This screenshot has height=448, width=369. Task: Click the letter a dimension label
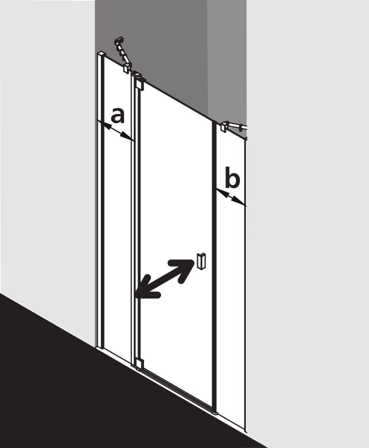pos(118,115)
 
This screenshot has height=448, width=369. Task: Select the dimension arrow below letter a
pos(115,130)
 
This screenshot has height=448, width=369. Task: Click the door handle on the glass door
pos(201,261)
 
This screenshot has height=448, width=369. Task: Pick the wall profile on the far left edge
pos(100,200)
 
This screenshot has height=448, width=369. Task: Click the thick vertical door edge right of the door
pos(214,266)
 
